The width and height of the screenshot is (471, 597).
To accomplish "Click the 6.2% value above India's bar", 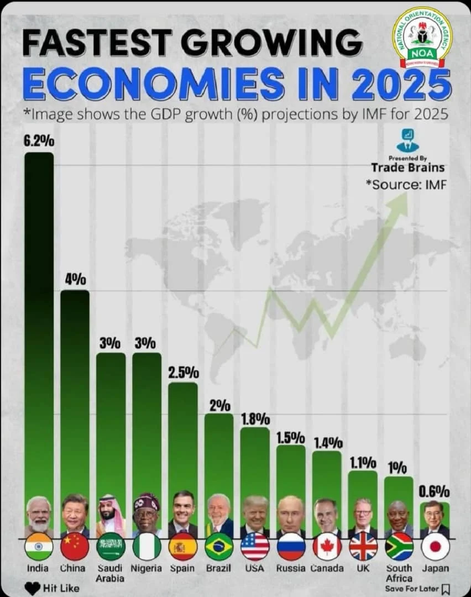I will click(39, 141).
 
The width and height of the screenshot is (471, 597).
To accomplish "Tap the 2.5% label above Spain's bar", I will click(183, 372).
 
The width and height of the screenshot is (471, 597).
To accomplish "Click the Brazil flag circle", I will click(219, 547).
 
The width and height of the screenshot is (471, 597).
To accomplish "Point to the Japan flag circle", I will click(435, 547).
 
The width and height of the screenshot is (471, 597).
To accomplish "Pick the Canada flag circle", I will click(327, 547).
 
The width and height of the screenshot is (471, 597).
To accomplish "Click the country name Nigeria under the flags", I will click(146, 568).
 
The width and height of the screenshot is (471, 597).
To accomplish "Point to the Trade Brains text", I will click(407, 167).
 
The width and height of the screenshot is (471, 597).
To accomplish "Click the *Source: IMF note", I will click(406, 184).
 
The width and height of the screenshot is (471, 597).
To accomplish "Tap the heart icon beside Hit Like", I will click(33, 588).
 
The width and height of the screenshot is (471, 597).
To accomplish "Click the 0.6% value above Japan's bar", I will click(435, 491).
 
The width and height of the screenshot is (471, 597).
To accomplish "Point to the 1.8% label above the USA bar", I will click(255, 418).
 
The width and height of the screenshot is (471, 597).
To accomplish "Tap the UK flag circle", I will click(363, 547).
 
